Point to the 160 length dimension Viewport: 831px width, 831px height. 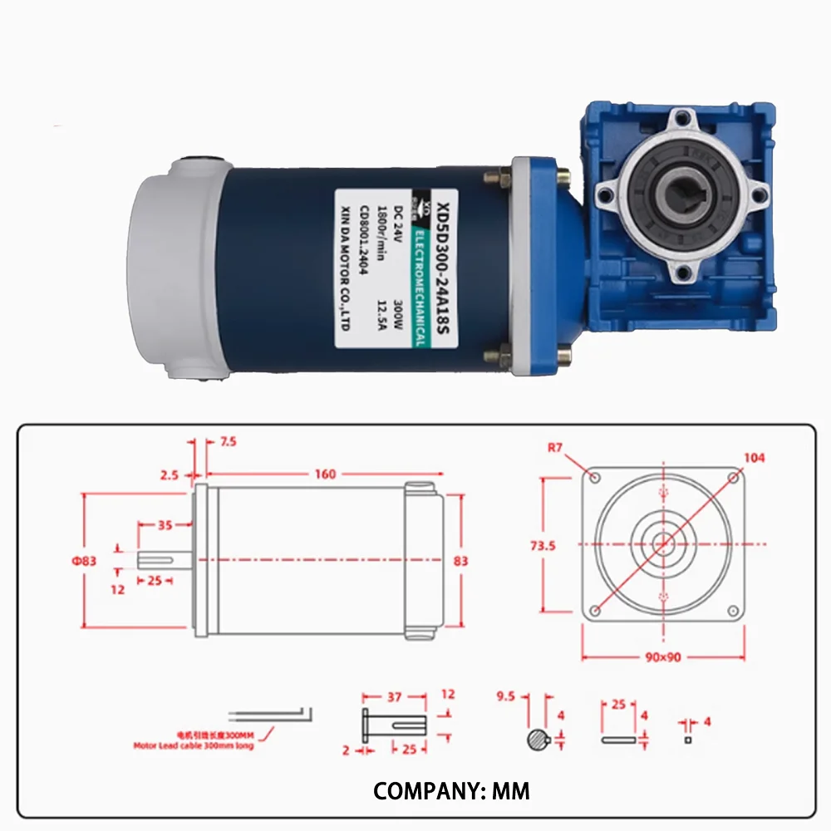point(326,474)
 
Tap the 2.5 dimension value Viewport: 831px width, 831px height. point(170,475)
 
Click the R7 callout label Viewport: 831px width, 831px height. point(556,448)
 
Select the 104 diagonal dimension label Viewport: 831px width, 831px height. point(755,458)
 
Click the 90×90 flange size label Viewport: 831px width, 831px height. point(663,656)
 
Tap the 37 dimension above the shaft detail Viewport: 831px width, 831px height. point(395,696)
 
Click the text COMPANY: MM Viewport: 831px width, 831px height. point(451,790)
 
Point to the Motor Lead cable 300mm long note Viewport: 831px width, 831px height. point(194,745)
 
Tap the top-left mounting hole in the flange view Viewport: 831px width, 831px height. point(594,476)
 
